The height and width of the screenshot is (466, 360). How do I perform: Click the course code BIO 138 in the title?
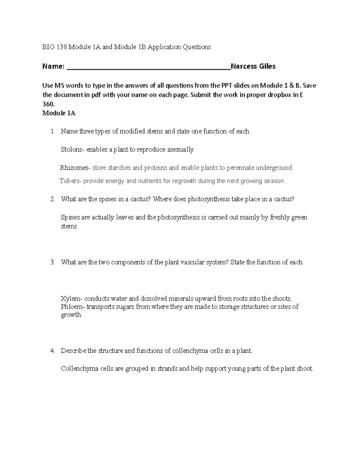(x=55, y=47)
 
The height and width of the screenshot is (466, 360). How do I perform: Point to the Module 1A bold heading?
(x=59, y=113)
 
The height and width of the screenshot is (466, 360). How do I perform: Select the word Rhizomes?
(x=74, y=168)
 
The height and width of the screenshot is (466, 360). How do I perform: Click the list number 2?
(x=52, y=199)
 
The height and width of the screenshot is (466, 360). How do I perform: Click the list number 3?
(x=52, y=262)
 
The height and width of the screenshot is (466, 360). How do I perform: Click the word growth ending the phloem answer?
(x=71, y=315)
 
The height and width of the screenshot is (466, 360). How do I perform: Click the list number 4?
(x=52, y=350)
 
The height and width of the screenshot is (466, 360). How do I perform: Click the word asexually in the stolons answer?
(x=180, y=149)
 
